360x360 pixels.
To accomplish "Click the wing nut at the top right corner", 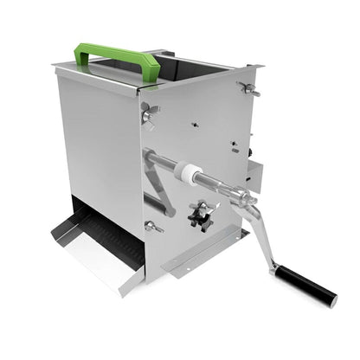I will [248, 89].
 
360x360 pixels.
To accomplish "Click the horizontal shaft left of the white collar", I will [160, 162].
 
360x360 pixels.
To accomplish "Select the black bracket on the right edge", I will [252, 172].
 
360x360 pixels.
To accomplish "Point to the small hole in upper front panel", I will [194, 124].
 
